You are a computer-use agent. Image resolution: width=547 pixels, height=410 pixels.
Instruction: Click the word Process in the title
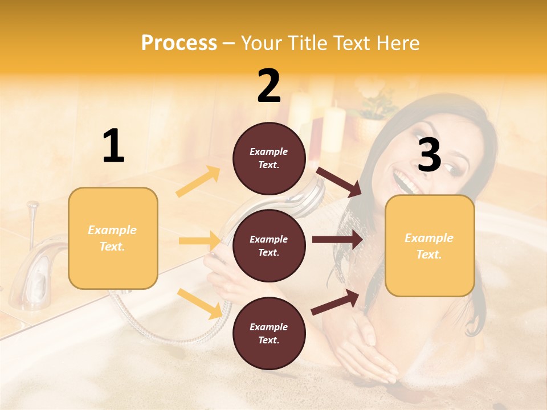pos(179,43)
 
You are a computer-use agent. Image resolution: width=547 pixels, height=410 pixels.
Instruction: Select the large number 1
pos(113,146)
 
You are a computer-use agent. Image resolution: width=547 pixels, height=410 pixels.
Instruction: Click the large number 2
pos(269,86)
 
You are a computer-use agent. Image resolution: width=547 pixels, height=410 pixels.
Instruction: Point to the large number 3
pos(429,155)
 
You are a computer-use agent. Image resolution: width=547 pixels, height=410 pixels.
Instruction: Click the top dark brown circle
pos(269,158)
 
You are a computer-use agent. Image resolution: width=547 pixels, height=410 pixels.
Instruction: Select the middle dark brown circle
pos(269,245)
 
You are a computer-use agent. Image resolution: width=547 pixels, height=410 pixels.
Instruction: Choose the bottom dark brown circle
pos(269,333)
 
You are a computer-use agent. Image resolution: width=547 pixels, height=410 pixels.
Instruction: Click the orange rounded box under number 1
pos(113,238)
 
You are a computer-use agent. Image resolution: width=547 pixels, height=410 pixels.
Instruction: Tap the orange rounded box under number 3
pos(430,245)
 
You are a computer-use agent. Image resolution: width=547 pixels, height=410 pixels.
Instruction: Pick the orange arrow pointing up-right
pos(198,182)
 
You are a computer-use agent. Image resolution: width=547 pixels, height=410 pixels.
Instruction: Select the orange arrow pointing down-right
pos(199,304)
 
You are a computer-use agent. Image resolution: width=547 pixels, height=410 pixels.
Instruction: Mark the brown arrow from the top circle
pos(338,182)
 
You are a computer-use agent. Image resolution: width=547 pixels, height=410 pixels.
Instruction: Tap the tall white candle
pos(334,128)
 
